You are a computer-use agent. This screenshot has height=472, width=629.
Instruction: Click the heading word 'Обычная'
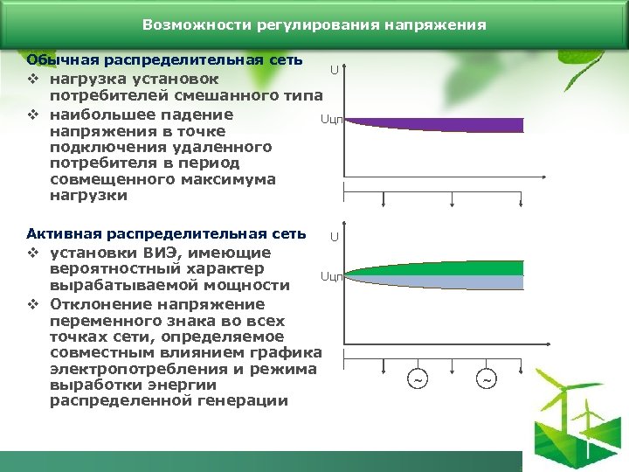(x=62, y=60)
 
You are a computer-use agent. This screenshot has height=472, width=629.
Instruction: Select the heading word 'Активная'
(x=64, y=233)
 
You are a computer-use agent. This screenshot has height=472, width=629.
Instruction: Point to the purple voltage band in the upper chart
(x=437, y=124)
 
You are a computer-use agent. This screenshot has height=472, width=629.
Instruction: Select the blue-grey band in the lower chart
(x=437, y=282)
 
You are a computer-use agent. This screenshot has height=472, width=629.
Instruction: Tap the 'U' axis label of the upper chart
(x=334, y=71)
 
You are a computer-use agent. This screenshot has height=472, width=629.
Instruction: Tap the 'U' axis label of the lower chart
(x=334, y=238)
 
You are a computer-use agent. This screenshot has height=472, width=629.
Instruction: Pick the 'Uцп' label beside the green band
(x=331, y=277)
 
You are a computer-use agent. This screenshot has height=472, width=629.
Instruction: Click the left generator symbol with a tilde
(x=418, y=380)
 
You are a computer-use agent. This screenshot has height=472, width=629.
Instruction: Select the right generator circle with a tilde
(x=487, y=380)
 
